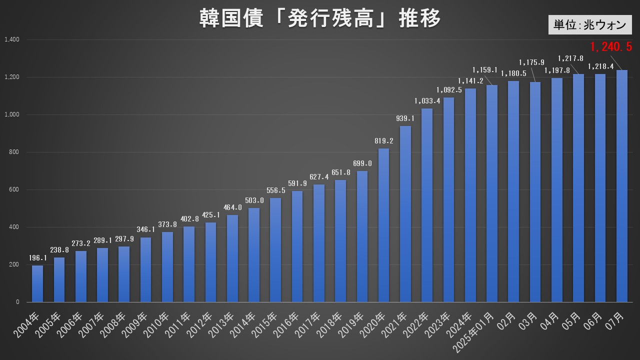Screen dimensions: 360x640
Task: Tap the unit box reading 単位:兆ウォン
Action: tap(589, 24)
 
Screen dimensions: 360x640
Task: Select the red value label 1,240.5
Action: tap(611, 47)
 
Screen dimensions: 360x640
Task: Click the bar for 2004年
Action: tap(37, 283)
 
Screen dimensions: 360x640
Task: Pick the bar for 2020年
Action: tap(383, 225)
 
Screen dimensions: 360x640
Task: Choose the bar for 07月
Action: tap(621, 186)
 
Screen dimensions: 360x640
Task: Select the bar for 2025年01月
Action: tap(492, 193)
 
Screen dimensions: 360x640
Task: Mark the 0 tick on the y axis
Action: tap(17, 302)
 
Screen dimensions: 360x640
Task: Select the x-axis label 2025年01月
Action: tap(477, 332)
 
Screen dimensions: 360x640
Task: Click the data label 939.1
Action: tap(405, 118)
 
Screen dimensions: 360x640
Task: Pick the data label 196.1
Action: tap(37, 258)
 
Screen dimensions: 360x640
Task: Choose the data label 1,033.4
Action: tap(427, 101)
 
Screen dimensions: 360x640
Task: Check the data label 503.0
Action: tap(254, 200)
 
